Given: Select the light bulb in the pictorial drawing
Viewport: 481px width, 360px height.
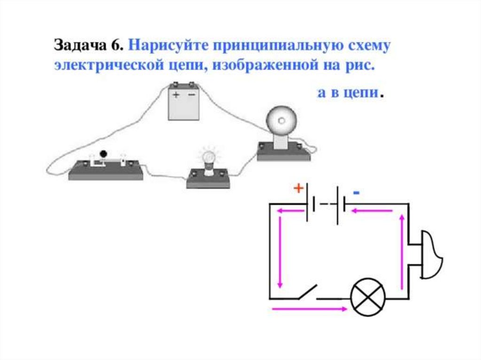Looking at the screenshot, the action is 208,157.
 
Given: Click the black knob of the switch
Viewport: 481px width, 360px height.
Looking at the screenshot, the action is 103,153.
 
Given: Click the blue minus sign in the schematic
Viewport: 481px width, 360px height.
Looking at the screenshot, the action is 357,193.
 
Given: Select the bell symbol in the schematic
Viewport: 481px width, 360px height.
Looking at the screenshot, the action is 431,254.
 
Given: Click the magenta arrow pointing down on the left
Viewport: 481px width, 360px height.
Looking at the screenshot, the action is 281,253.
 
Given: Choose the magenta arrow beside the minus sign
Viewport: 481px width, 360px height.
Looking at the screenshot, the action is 372,211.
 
